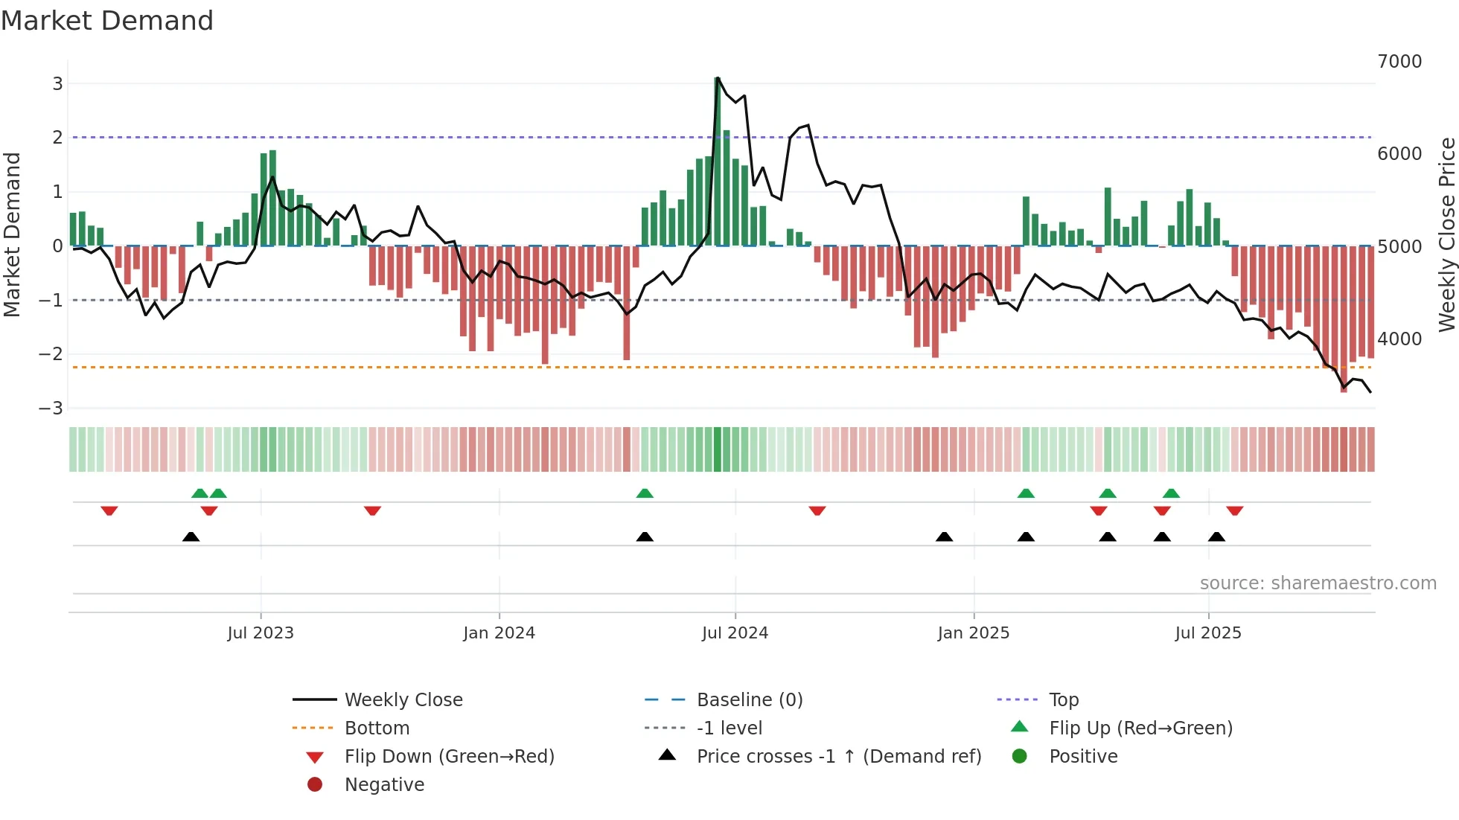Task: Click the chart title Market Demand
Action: pyautogui.click(x=107, y=21)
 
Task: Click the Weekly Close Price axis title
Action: pyautogui.click(x=1446, y=234)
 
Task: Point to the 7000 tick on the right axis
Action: pyautogui.click(x=1399, y=62)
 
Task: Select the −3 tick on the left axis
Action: pyautogui.click(x=51, y=409)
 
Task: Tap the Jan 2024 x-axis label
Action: pyautogui.click(x=499, y=633)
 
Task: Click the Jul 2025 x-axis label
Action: pyautogui.click(x=1208, y=633)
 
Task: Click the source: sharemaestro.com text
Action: pyautogui.click(x=1318, y=583)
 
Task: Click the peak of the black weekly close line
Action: pyautogui.click(x=718, y=78)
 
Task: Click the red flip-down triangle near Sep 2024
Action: pyautogui.click(x=817, y=510)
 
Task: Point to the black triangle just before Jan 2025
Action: pyautogui.click(x=944, y=536)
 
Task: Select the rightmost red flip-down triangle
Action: pyautogui.click(x=1235, y=510)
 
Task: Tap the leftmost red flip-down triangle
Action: pyautogui.click(x=109, y=510)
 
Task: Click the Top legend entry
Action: pyautogui.click(x=1063, y=700)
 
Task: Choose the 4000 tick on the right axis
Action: pyautogui.click(x=1399, y=339)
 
